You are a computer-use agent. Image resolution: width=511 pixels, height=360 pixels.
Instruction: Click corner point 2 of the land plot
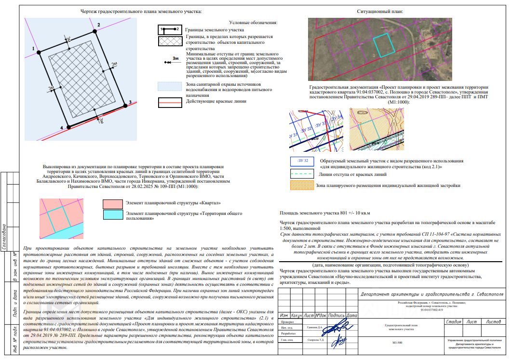(x=94, y=30)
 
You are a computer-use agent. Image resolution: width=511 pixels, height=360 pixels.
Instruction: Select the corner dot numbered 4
(x=68, y=127)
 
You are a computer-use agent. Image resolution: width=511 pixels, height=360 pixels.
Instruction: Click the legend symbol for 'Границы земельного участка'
(x=170, y=29)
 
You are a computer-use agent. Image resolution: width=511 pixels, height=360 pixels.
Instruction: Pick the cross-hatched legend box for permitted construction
(x=170, y=41)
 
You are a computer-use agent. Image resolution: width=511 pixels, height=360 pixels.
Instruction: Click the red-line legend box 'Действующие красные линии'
(x=170, y=102)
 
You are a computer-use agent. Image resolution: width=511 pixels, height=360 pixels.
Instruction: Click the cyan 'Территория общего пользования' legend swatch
(x=112, y=215)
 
